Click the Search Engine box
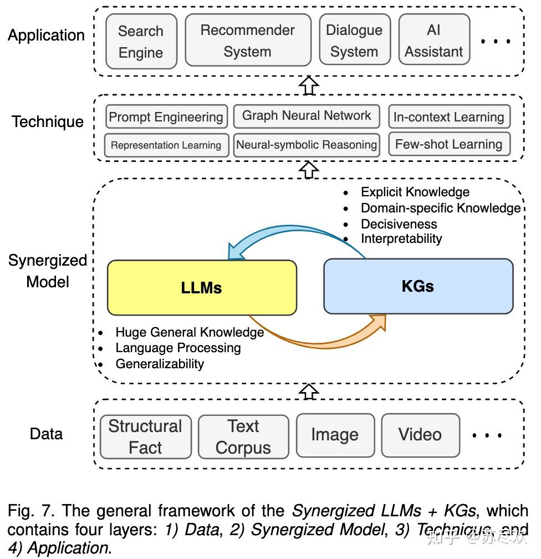coord(141,41)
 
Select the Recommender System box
coord(247,40)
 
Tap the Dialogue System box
coord(354,40)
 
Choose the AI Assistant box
coord(433,40)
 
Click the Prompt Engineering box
coord(166,117)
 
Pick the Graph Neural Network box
coord(307,116)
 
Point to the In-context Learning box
coord(448,117)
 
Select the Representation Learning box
coord(166,145)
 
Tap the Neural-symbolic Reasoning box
coord(307,145)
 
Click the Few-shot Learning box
coord(448,145)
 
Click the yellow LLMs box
coord(202,287)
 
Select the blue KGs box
coord(418,286)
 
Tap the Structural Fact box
coord(145,436)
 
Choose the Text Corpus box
coord(243,436)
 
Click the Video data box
coord(420,435)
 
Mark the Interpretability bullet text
coord(401,239)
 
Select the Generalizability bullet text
coord(160,364)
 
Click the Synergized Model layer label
coord(48,271)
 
